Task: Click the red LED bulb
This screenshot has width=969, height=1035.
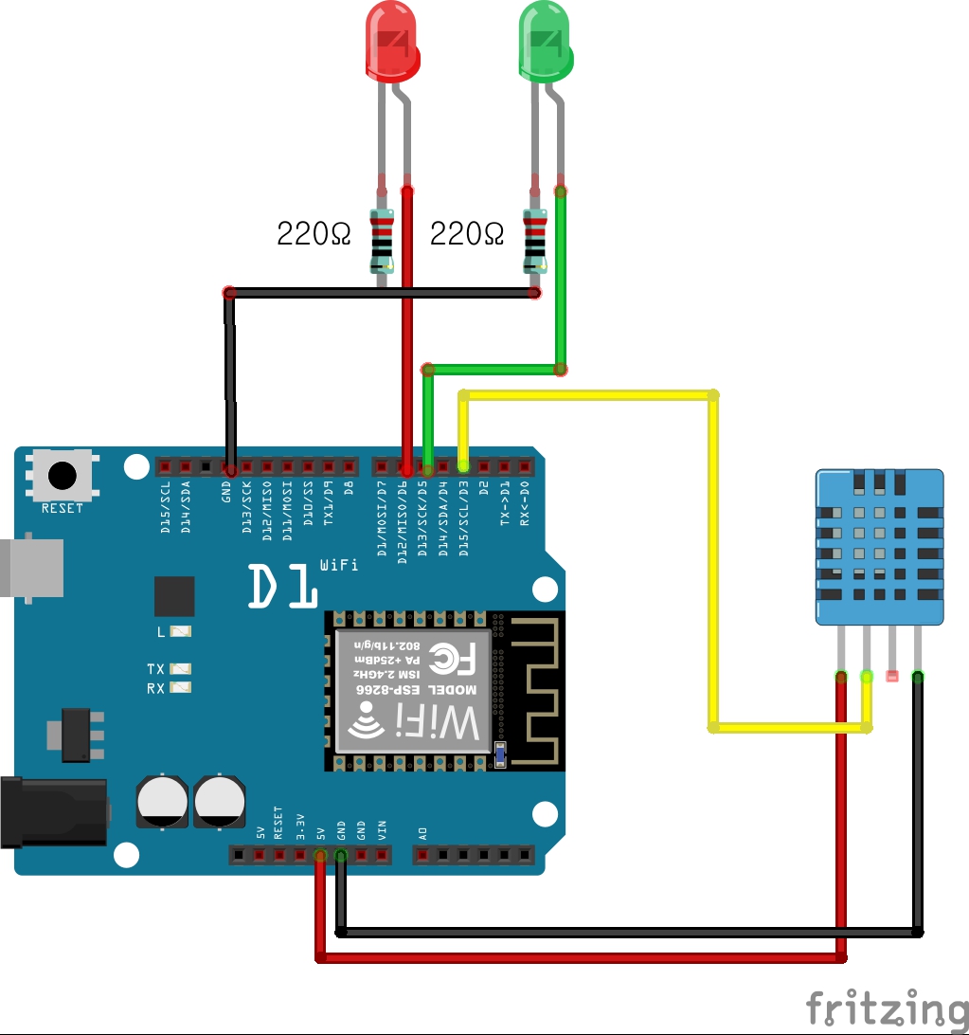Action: point(391,43)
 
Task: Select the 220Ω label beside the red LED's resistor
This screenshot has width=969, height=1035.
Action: point(313,233)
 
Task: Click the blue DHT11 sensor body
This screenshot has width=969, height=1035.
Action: point(880,546)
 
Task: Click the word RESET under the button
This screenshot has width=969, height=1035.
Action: point(63,508)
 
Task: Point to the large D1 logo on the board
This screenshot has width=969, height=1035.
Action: point(281,587)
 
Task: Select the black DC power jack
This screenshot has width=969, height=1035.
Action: point(52,810)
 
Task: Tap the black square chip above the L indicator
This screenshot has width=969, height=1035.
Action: point(174,596)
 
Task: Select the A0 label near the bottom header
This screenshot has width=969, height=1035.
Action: point(422,834)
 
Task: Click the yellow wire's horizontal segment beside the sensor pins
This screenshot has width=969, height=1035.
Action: point(786,728)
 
